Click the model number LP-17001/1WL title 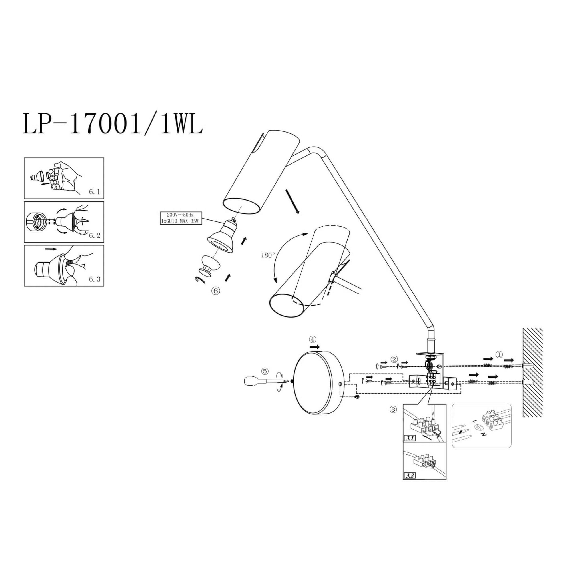click(113, 124)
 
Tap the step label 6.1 click(95, 192)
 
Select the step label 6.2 click(95, 235)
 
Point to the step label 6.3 click(95, 279)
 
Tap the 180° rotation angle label click(268, 255)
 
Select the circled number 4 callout click(313, 339)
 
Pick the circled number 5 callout click(265, 371)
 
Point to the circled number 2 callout click(394, 359)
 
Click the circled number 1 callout click(499, 354)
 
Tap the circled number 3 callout click(393, 410)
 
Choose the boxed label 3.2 click(410, 476)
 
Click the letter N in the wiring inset click(484, 435)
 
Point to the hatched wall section click(533, 372)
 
